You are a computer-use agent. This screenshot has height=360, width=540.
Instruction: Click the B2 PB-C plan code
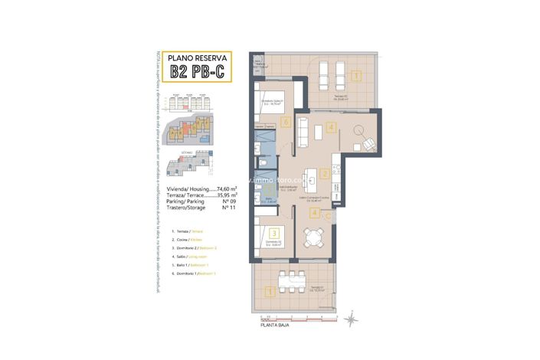tap(197, 72)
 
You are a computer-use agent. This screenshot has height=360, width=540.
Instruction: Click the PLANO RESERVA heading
tap(197, 55)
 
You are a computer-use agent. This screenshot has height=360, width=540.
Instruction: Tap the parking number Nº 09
tap(227, 202)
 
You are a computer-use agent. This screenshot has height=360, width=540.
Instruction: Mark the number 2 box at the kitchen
tap(325, 174)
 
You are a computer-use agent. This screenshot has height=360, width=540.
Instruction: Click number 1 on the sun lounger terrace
tap(356, 75)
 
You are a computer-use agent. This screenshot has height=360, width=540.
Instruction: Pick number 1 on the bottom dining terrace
tap(269, 290)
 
